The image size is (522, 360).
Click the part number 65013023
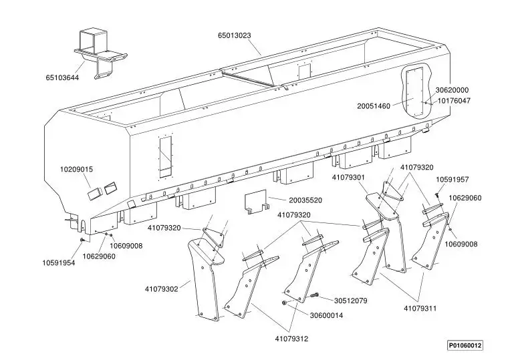[235, 35]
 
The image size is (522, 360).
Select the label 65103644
[62, 78]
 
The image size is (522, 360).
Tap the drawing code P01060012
[465, 345]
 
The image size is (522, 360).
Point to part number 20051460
[374, 106]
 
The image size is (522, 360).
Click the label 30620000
[452, 90]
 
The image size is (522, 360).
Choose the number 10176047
[454, 100]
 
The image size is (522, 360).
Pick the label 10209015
[76, 170]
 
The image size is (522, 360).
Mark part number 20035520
[305, 200]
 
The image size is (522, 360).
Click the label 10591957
[452, 180]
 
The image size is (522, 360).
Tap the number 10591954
[59, 263]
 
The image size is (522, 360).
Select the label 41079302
[162, 289]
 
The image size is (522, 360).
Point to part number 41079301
[348, 178]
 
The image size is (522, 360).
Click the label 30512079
[351, 301]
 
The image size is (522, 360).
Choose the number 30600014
[326, 315]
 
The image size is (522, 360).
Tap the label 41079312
[291, 339]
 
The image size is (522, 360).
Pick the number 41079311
[420, 309]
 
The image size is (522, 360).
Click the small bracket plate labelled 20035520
[256, 202]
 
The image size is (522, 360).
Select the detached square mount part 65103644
[100, 53]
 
